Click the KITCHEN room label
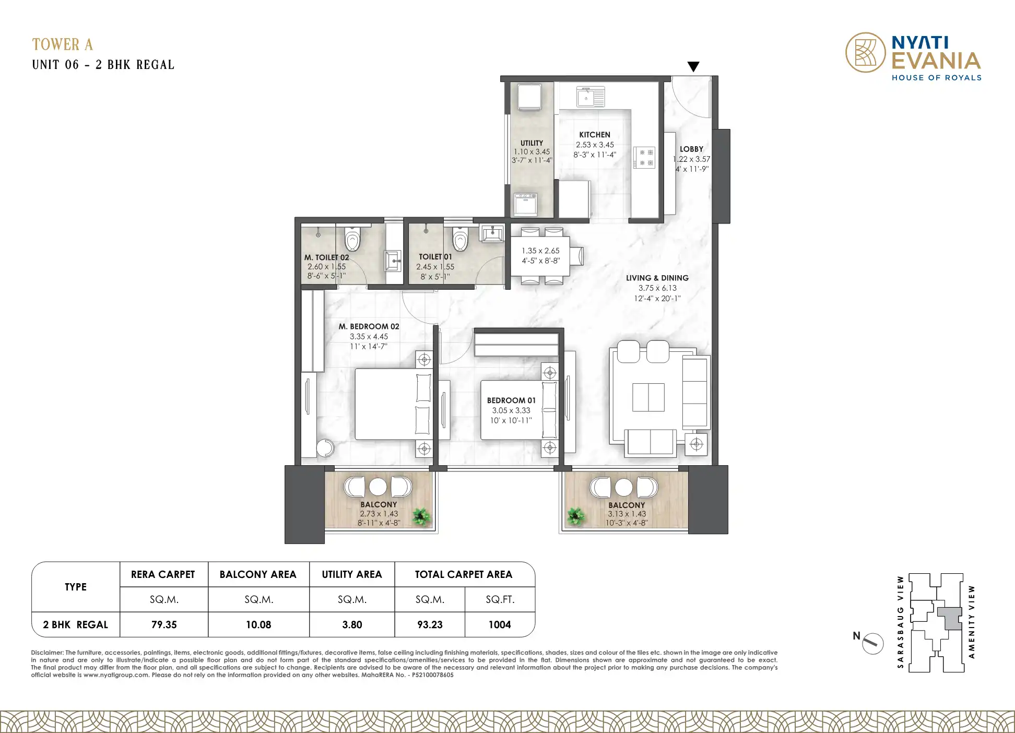point(595,135)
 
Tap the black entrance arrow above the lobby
point(693,67)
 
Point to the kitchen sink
point(591,97)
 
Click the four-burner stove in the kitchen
point(644,158)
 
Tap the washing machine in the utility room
point(525,204)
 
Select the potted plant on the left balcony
point(421,517)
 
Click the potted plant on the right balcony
point(576,516)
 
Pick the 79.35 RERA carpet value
point(164,625)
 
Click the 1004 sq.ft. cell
point(500,625)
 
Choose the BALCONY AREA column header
point(258,574)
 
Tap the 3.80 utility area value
point(352,625)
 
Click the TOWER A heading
point(63,44)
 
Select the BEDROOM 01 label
point(511,400)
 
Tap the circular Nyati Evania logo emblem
point(866,52)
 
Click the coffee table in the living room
point(648,397)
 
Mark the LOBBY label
point(691,149)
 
